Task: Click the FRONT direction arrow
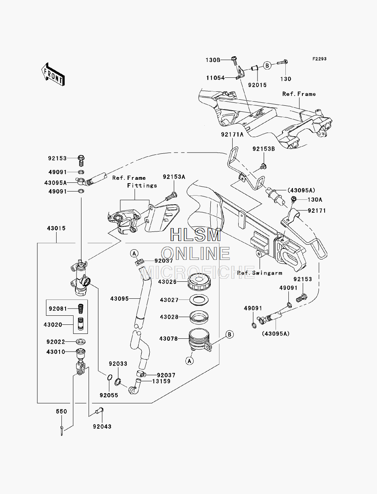pyautogui.click(x=53, y=74)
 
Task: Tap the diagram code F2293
pyautogui.click(x=319, y=59)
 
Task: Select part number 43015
pyautogui.click(x=56, y=228)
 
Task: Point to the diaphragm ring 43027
pyautogui.click(x=199, y=300)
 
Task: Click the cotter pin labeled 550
pyautogui.click(x=62, y=431)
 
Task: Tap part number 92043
pyautogui.click(x=102, y=426)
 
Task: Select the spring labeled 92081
pyautogui.click(x=81, y=308)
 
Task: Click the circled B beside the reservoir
pyautogui.click(x=229, y=335)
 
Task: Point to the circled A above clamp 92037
pyautogui.click(x=134, y=254)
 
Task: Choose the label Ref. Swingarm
pyautogui.click(x=260, y=273)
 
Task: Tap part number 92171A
pyautogui.click(x=232, y=134)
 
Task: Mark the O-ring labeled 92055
pyautogui.click(x=109, y=377)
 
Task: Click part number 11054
pyautogui.click(x=216, y=78)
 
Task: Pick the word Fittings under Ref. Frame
pyautogui.click(x=142, y=186)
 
